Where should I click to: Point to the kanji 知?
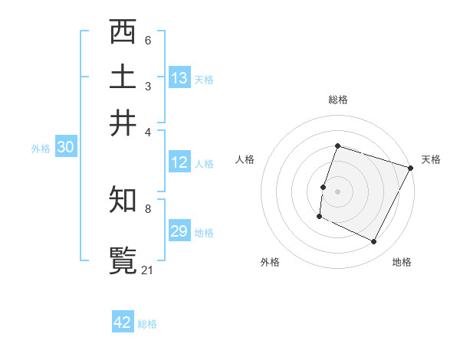point(123,200)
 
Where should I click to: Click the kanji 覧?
point(123,260)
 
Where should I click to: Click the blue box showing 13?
point(179,78)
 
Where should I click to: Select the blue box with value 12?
point(179,162)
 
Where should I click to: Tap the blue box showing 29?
point(179,231)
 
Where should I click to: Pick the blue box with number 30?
point(65,148)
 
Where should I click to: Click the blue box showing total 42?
point(123,322)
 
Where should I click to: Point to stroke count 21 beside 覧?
point(147,270)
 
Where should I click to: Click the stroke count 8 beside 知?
point(147,208)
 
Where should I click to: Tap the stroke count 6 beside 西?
point(147,40)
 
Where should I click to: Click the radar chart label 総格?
point(337,100)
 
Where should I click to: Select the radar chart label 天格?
point(431,159)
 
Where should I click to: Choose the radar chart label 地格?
point(402,262)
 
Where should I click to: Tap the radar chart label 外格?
point(270,262)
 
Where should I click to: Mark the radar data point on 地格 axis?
point(374,242)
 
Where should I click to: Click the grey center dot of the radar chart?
point(337,191)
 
